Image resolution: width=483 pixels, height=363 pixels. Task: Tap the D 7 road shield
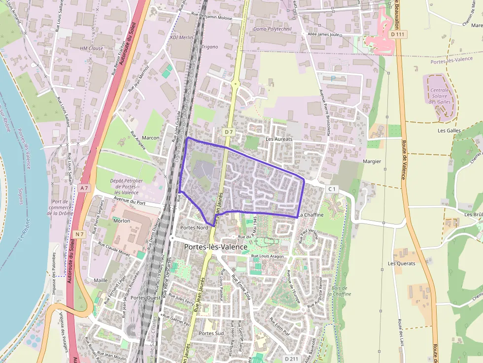tap(228, 132)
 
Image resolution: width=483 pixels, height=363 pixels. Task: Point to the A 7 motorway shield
tap(85, 188)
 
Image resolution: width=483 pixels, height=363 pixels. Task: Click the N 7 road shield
tap(79, 233)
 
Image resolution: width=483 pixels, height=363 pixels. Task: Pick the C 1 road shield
tap(332, 189)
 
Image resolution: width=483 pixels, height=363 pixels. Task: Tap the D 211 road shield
tap(292, 358)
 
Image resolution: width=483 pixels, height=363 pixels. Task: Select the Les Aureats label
tap(279, 139)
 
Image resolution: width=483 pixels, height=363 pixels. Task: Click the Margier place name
tap(372, 162)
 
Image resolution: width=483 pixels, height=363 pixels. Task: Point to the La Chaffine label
tap(311, 215)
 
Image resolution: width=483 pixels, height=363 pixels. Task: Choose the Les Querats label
tap(401, 264)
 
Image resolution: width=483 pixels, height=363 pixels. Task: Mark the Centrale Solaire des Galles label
tap(440, 96)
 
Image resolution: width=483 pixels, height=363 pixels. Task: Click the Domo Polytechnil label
tap(272, 29)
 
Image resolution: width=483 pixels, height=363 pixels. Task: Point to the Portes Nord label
tap(194, 228)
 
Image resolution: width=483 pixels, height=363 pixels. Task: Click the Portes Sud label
tap(211, 333)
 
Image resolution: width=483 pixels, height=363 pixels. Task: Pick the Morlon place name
tap(122, 221)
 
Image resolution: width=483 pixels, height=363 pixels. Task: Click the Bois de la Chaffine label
tap(341, 291)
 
